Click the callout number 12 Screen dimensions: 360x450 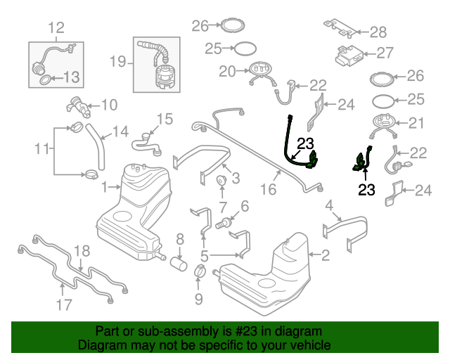(x=56, y=28)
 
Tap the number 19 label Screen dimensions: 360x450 (x=118, y=62)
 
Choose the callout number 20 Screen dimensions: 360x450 (x=226, y=70)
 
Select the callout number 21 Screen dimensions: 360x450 (x=417, y=124)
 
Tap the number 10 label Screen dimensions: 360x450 (x=109, y=105)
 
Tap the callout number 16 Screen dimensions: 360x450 (x=268, y=189)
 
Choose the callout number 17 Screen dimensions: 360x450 (x=64, y=304)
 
